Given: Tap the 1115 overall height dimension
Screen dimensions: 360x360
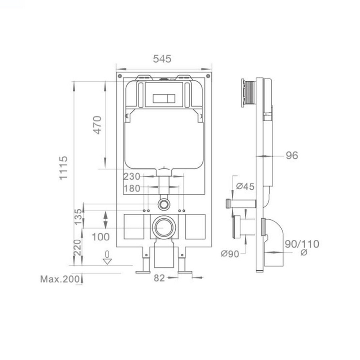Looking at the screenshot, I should [63, 168].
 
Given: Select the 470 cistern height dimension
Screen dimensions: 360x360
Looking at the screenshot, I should [98, 125].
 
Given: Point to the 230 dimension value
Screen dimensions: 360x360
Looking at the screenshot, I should [131, 177].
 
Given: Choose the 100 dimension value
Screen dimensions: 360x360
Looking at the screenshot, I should [100, 237].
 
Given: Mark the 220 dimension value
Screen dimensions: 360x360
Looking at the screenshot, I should [77, 247].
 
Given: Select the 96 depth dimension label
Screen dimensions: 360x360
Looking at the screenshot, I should [292, 156].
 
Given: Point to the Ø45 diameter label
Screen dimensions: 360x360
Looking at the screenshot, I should [245, 186].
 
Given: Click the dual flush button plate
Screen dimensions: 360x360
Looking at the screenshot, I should [164, 98].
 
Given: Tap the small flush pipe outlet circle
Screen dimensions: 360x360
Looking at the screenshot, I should [165, 204].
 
